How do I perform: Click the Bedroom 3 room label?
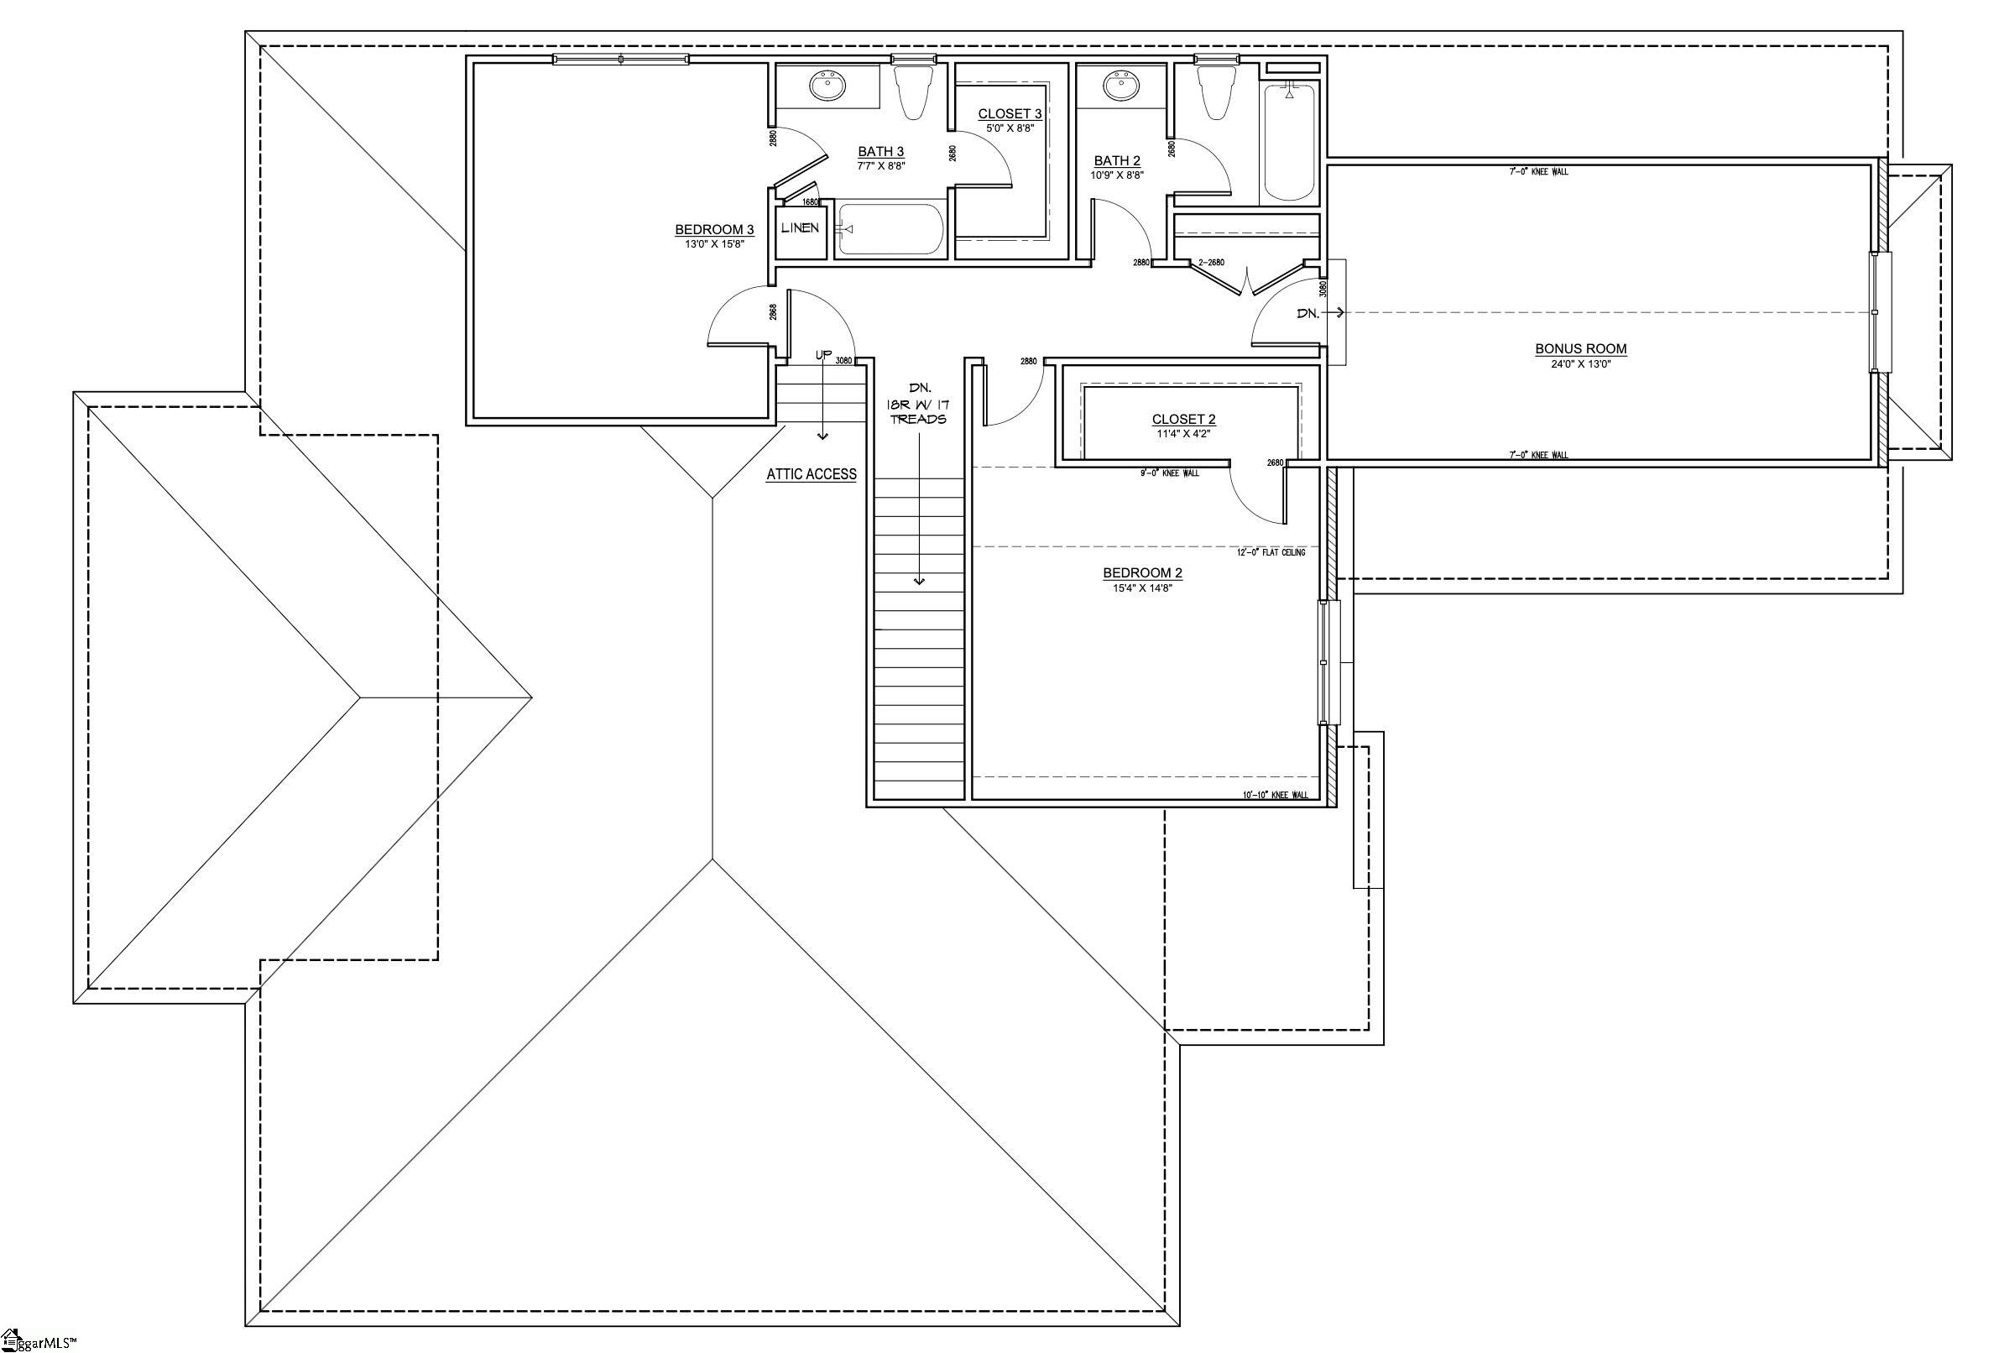coord(714,230)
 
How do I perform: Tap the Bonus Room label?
coord(1580,349)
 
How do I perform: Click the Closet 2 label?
coord(1183,420)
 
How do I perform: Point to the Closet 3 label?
coord(1009,113)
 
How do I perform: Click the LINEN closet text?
coord(799,228)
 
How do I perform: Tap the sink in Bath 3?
coord(828,87)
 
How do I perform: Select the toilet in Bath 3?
coord(912,93)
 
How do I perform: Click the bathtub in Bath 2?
coord(1288,141)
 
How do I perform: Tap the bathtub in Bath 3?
coord(891,229)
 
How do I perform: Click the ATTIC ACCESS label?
coord(812,474)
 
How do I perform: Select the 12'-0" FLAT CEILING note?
coord(1271,552)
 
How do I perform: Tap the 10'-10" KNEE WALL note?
coord(1275,795)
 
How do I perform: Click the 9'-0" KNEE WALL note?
coord(1168,473)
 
